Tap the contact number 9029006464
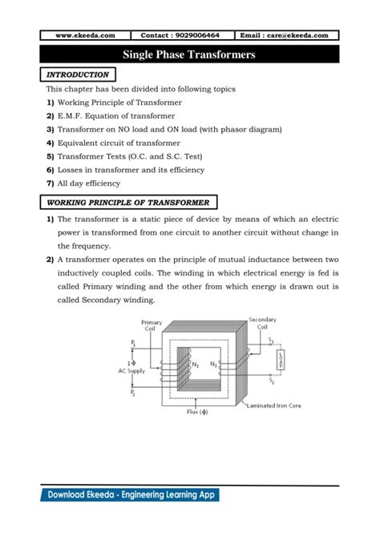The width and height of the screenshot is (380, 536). (x=187, y=35)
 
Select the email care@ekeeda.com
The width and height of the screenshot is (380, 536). (x=285, y=35)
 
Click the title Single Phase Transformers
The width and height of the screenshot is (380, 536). (x=189, y=54)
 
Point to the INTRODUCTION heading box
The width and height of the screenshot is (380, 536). (x=78, y=75)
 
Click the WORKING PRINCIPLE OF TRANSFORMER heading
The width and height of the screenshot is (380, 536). (x=127, y=203)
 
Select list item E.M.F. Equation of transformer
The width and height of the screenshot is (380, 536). (x=109, y=115)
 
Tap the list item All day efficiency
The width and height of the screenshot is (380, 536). (x=96, y=183)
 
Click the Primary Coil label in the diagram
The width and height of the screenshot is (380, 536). (x=152, y=326)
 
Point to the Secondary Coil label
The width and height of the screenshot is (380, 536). (x=263, y=322)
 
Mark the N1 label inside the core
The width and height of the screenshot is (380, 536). (x=195, y=365)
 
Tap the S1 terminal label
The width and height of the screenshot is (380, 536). (x=272, y=340)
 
